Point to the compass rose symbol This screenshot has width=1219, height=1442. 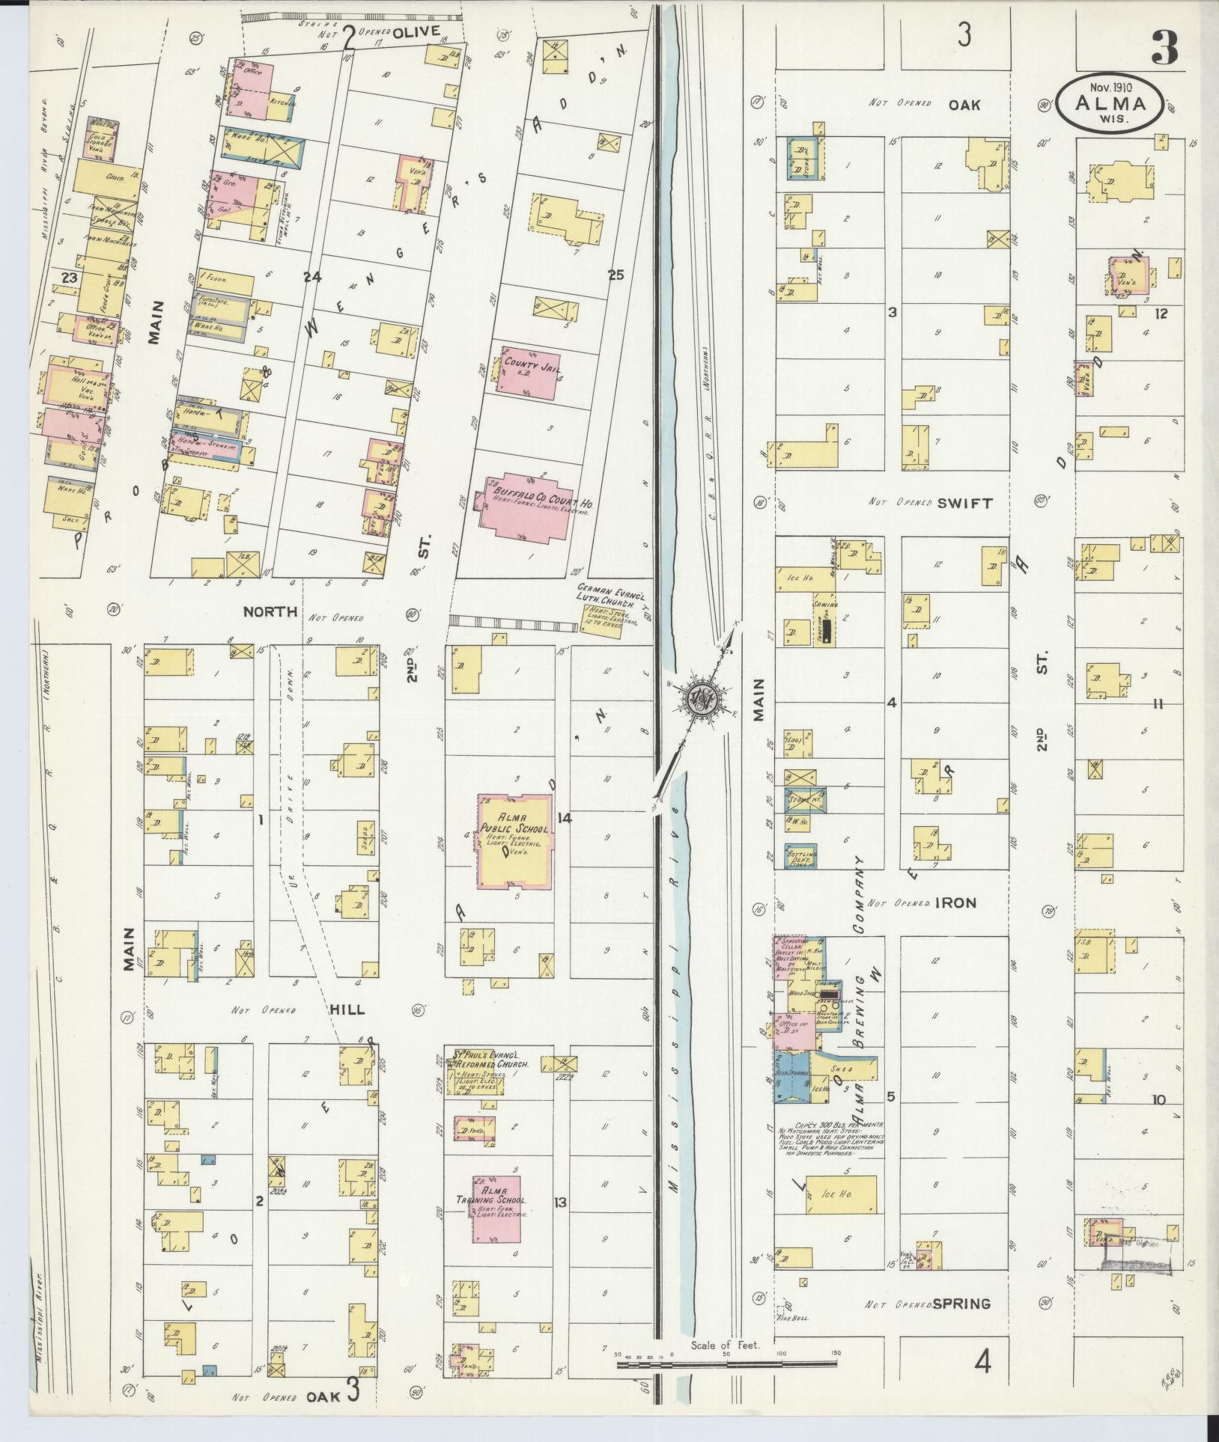tap(700, 697)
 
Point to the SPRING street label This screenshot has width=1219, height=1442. tap(961, 1304)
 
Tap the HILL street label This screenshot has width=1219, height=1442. tap(347, 1009)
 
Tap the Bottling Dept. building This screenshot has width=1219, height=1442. tap(800, 855)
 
